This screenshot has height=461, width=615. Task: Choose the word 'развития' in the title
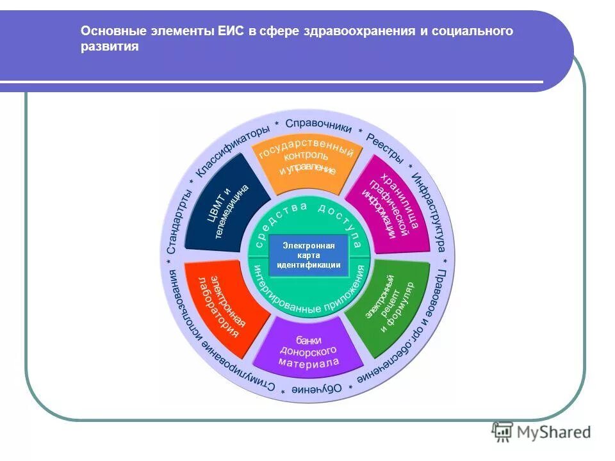[110, 47]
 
